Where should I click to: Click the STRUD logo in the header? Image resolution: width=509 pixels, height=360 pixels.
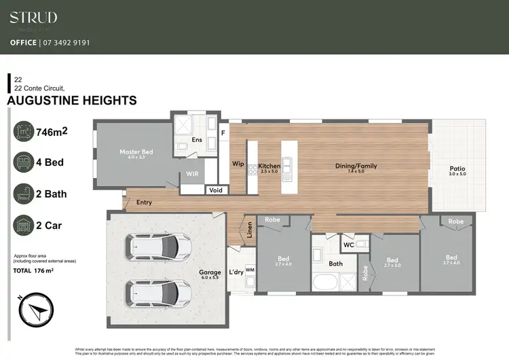(x=33, y=18)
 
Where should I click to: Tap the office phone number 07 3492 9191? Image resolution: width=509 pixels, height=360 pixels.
(x=66, y=42)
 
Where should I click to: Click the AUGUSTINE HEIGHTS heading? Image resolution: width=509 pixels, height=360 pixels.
(x=71, y=101)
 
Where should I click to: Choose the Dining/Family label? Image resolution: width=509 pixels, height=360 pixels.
(x=356, y=166)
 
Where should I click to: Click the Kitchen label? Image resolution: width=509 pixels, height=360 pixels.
(x=269, y=166)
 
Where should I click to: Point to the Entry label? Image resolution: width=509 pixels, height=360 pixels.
(x=144, y=202)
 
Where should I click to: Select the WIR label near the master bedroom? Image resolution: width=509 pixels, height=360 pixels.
(x=192, y=175)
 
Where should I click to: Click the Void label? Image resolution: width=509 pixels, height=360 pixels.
(x=216, y=190)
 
